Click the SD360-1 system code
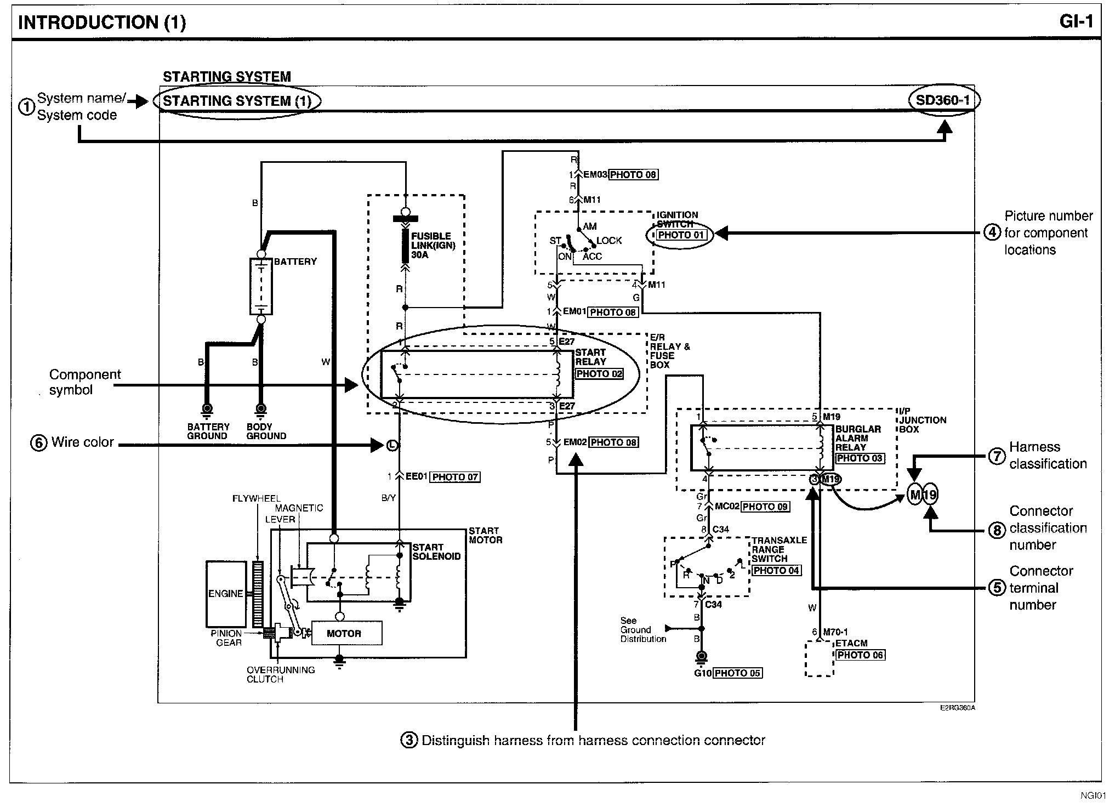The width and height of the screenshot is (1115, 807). [x=943, y=100]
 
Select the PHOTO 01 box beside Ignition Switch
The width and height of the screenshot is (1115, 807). [x=681, y=235]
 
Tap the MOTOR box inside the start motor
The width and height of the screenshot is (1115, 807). [x=344, y=633]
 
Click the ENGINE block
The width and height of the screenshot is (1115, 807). [x=226, y=594]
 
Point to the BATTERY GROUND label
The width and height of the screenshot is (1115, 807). [x=208, y=431]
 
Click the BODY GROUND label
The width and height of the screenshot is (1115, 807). [x=266, y=431]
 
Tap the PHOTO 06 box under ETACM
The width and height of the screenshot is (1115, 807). [x=860, y=655]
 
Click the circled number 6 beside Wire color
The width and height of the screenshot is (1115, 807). [x=39, y=443]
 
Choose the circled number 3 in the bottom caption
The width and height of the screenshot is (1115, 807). [x=409, y=741]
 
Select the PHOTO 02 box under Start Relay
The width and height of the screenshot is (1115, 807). [x=599, y=374]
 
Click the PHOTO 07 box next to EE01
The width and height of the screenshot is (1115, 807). [x=455, y=477]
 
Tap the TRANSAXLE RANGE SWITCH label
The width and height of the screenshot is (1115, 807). [x=779, y=549]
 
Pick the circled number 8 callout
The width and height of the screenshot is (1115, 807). [x=997, y=530]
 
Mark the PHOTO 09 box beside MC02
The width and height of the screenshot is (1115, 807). [x=765, y=507]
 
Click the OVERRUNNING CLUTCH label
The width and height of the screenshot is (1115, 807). [x=281, y=674]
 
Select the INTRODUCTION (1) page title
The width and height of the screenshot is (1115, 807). [x=102, y=22]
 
